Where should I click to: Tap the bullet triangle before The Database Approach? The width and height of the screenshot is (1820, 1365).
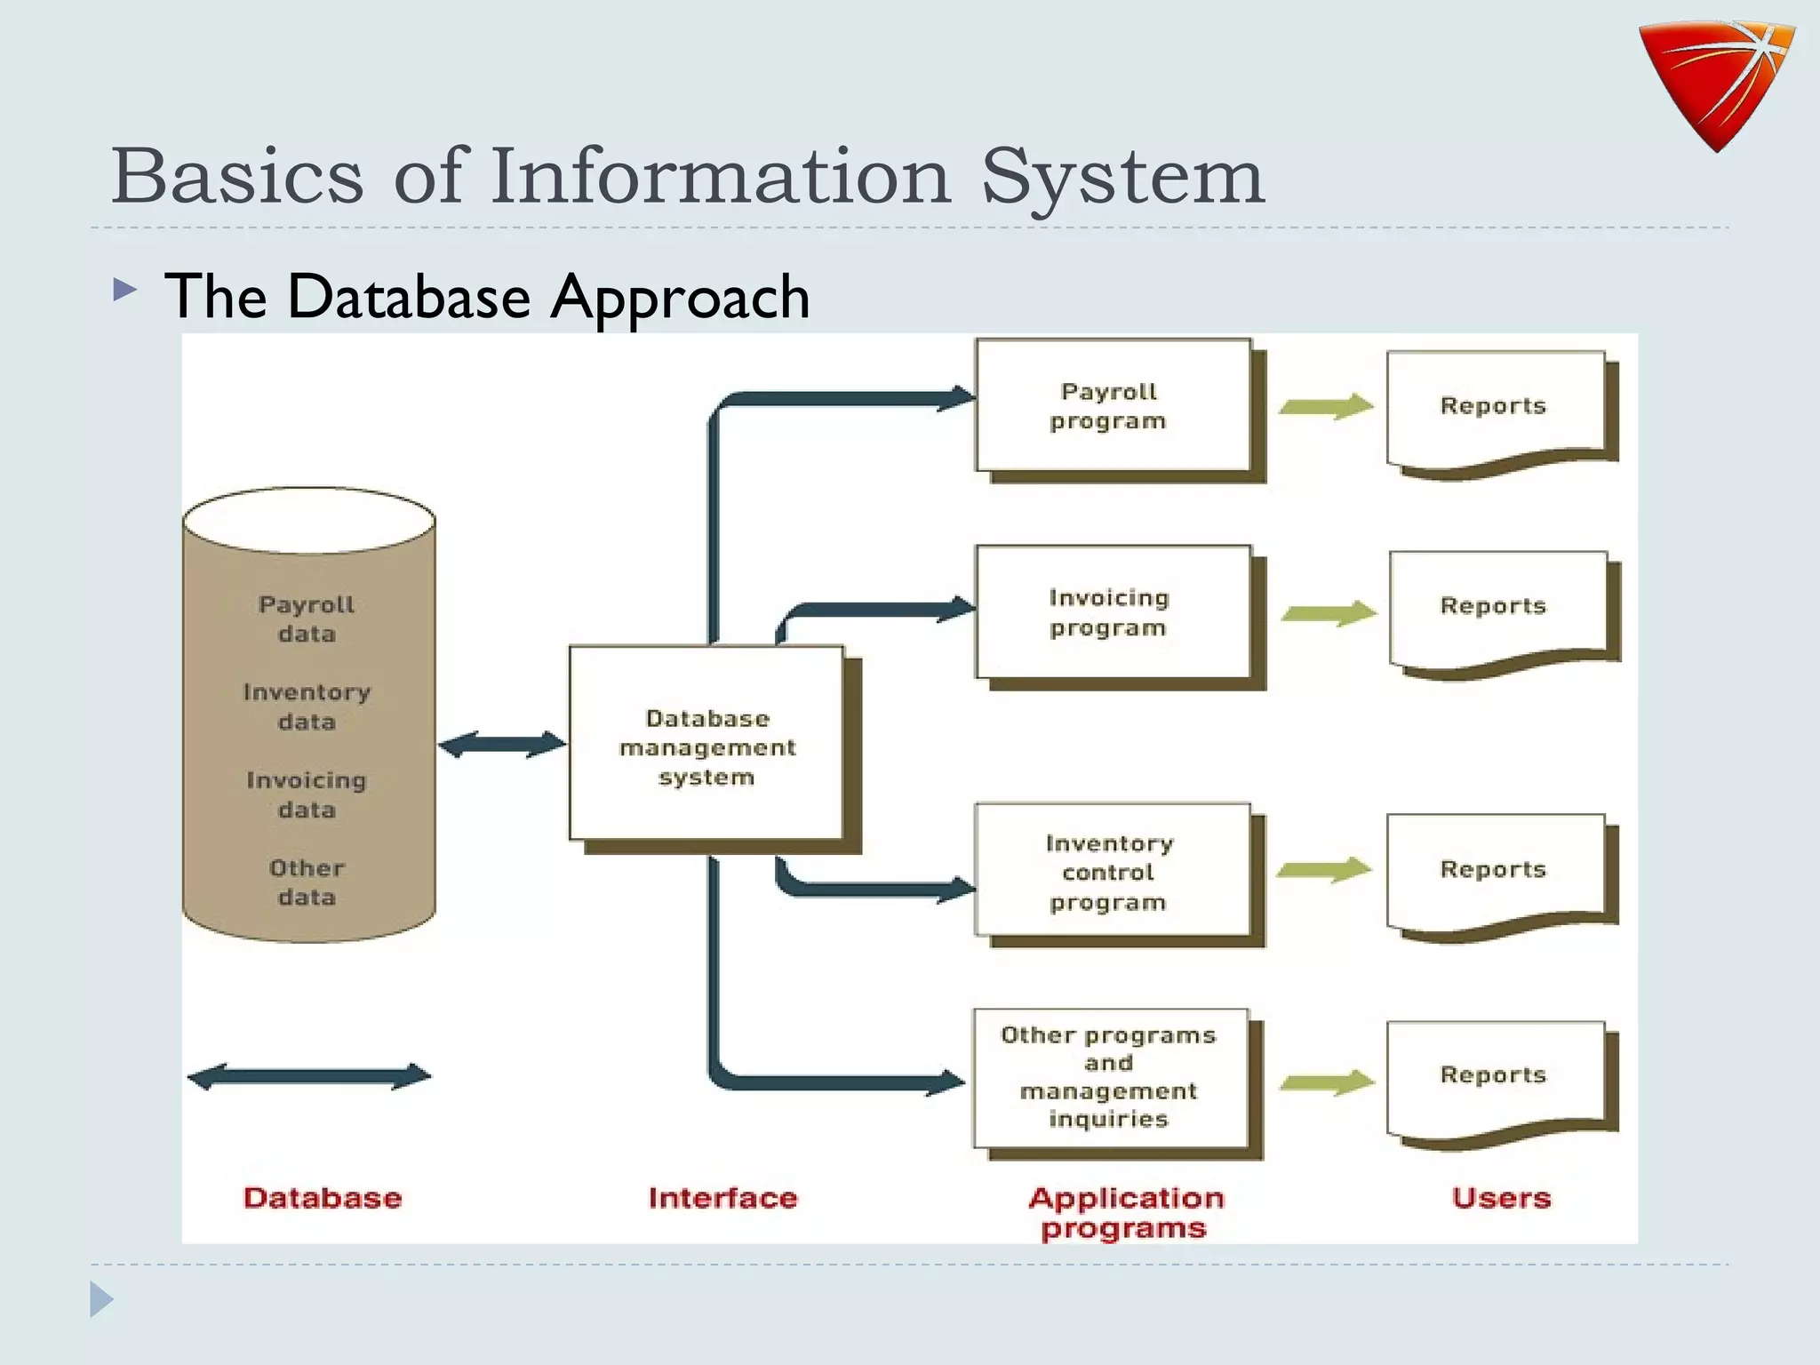tap(125, 290)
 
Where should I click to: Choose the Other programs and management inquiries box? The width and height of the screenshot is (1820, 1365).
tap(1110, 1077)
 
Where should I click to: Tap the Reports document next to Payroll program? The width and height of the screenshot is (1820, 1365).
tap(1496, 409)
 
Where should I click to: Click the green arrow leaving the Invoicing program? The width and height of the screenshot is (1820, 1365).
tap(1329, 613)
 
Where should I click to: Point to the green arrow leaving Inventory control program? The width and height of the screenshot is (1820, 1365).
tap(1325, 870)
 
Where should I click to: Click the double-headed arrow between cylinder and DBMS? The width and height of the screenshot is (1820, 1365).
tap(502, 744)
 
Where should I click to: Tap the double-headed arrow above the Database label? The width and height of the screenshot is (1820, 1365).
tap(309, 1076)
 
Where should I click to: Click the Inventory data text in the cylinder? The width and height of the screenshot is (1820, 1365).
tap(307, 706)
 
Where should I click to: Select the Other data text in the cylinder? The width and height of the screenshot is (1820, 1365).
tap(307, 882)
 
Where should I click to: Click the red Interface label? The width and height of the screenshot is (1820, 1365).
tap(722, 1198)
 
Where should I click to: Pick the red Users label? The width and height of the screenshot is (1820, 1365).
tap(1501, 1198)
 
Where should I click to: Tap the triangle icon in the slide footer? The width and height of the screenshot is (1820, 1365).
tap(101, 1299)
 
